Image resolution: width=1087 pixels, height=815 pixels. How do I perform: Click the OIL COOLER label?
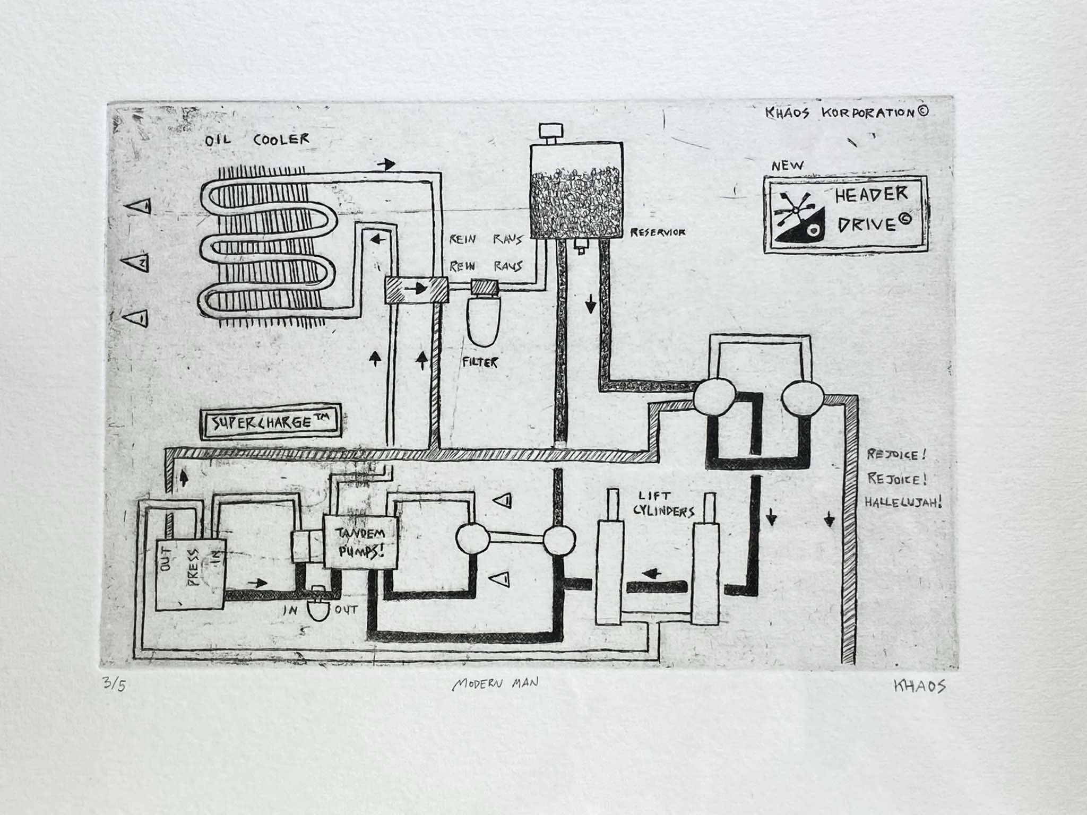pos(257,141)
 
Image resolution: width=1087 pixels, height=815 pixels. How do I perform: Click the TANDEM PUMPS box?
pos(361,542)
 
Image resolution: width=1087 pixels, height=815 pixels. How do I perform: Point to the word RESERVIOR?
pos(658,232)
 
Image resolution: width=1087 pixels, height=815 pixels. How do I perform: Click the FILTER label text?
pos(480,363)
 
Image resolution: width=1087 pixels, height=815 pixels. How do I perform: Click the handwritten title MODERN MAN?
pos(495,683)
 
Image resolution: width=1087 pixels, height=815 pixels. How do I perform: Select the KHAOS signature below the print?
pos(919,686)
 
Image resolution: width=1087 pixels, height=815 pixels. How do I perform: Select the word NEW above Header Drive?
pos(788,166)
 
